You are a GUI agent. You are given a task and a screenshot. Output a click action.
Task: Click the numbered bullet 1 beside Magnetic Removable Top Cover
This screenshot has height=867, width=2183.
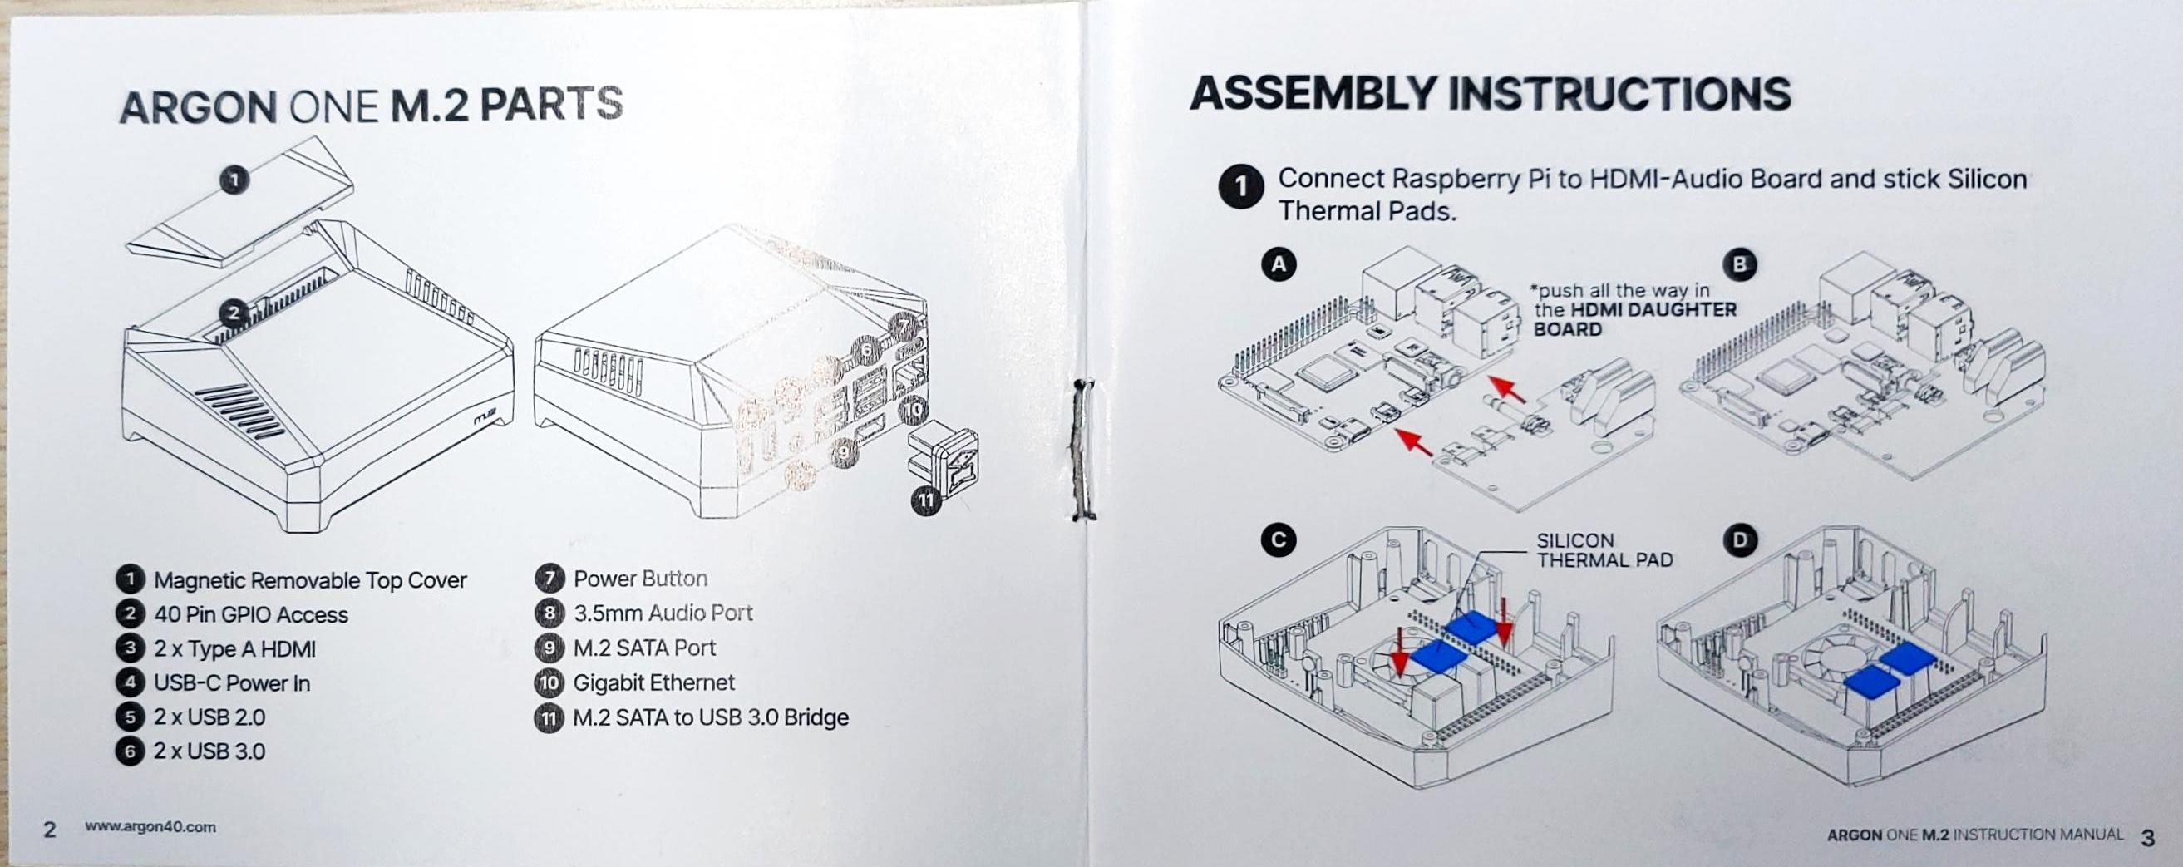click(x=129, y=579)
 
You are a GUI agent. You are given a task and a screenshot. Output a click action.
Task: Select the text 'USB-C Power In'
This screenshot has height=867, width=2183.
click(x=231, y=683)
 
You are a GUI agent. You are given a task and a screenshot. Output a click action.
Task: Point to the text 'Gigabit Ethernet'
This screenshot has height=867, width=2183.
click(x=653, y=682)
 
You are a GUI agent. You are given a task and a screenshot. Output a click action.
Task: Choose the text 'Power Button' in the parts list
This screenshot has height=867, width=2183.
click(x=640, y=579)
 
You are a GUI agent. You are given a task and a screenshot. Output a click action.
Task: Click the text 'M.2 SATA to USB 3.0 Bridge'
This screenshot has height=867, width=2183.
click(x=710, y=718)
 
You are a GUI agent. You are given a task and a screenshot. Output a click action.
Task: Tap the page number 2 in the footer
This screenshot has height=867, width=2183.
click(x=49, y=829)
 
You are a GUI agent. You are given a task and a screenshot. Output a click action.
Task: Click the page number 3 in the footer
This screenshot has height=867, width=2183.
click(x=2146, y=838)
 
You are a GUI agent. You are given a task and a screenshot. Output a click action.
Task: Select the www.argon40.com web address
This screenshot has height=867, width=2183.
click(x=150, y=827)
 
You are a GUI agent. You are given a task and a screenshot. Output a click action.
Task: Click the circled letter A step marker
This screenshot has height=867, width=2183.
click(x=1278, y=264)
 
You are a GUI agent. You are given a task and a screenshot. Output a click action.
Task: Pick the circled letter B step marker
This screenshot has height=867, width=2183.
click(x=1740, y=265)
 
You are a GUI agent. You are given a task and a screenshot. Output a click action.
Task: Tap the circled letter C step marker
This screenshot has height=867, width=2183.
click(x=1277, y=539)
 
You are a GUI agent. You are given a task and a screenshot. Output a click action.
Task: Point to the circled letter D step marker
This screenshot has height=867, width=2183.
click(x=1740, y=539)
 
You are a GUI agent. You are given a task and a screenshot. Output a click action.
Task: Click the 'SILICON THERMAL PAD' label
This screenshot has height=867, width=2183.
click(x=1604, y=550)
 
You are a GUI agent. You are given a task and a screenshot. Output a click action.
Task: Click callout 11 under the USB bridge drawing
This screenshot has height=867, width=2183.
click(x=927, y=500)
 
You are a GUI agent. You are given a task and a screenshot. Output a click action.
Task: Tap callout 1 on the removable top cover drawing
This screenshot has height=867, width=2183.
click(x=234, y=180)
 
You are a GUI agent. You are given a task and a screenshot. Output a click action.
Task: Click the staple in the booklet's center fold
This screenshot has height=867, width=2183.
click(x=1081, y=449)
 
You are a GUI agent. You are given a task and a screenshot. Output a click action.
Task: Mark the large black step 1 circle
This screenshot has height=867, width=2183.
click(x=1240, y=186)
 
